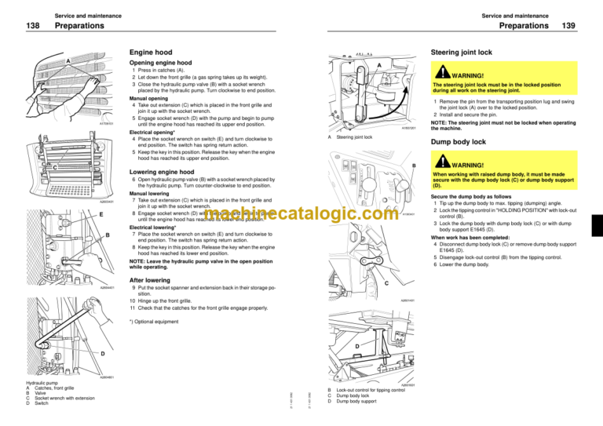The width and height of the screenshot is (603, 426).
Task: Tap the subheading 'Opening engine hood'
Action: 162,62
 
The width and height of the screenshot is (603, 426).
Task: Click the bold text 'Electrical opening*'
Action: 151,133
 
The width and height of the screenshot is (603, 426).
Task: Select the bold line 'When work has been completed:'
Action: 468,237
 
